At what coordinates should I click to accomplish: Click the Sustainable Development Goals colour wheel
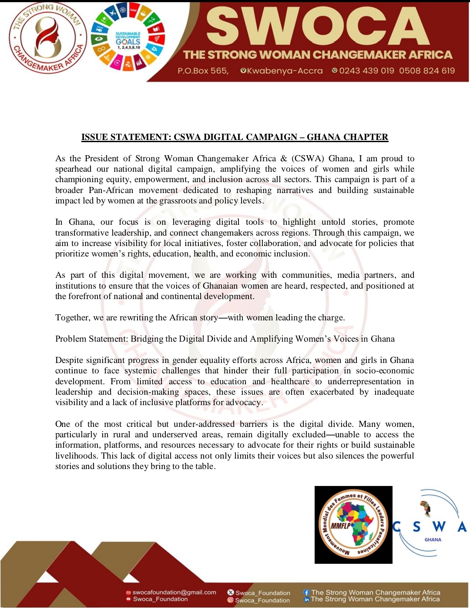[x=128, y=40]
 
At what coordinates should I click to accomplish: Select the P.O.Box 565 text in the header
[x=203, y=71]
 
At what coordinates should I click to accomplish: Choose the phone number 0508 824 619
[x=427, y=71]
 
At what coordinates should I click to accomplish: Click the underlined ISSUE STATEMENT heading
[x=235, y=137]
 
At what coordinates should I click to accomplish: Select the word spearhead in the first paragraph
[x=73, y=169]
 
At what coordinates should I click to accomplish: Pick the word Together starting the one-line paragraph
[x=72, y=318]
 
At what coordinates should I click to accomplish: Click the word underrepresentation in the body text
[x=364, y=382]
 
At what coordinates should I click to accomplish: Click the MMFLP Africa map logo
[x=353, y=525]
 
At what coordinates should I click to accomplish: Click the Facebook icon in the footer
[x=306, y=592]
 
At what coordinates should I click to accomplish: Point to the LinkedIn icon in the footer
[x=306, y=599]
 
